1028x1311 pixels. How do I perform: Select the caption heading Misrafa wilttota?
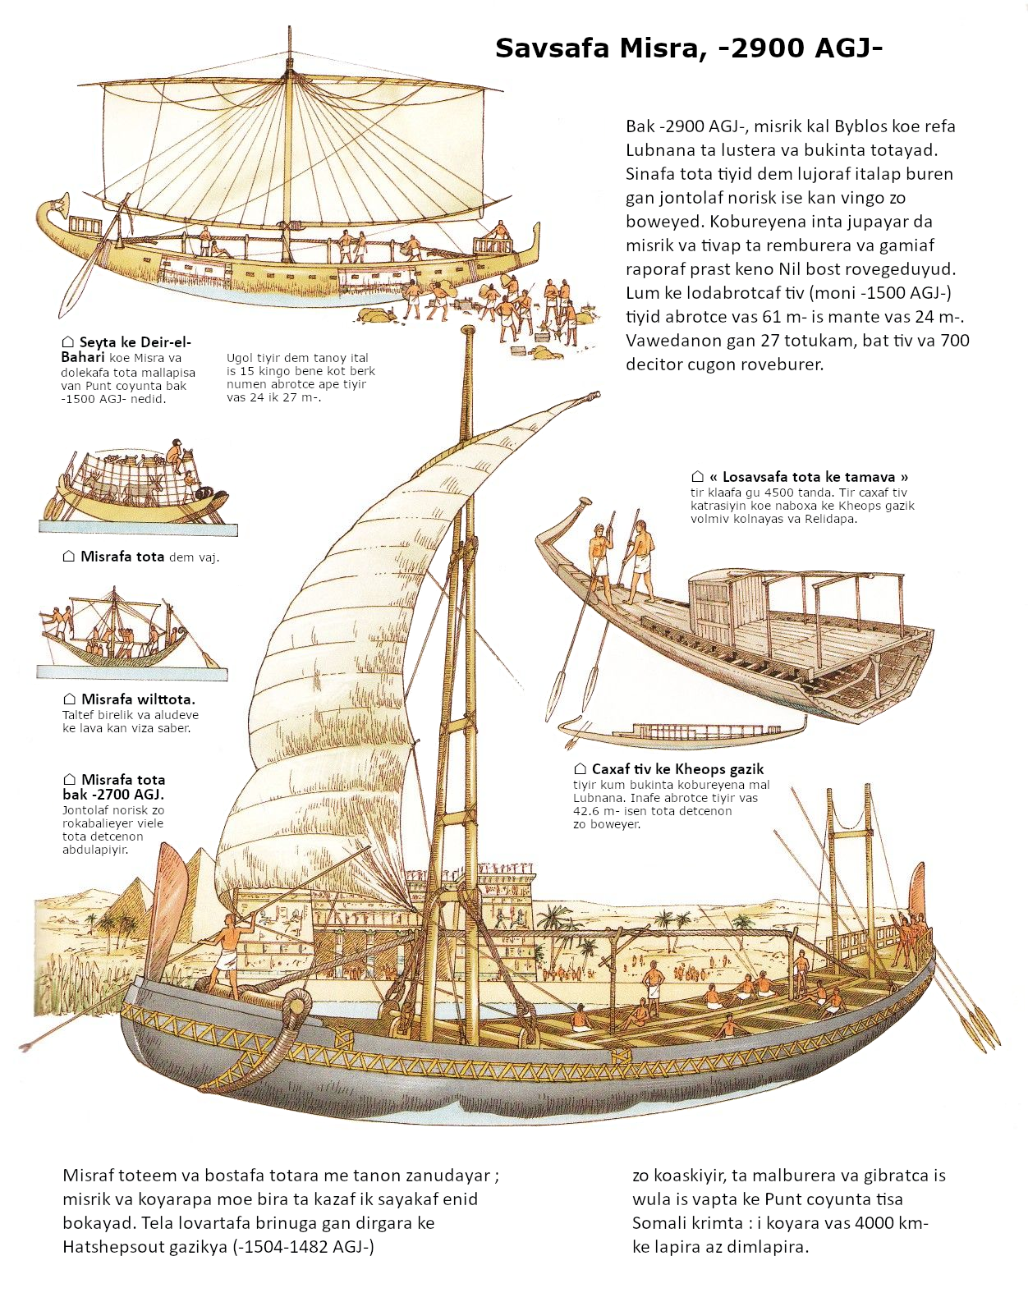click(138, 699)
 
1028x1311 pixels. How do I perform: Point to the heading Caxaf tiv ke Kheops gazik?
click(677, 769)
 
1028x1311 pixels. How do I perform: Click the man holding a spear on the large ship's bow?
click(227, 956)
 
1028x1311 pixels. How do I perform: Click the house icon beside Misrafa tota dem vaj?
click(69, 556)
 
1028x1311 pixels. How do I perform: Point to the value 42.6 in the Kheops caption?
click(589, 810)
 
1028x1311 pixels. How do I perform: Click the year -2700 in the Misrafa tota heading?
click(112, 795)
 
